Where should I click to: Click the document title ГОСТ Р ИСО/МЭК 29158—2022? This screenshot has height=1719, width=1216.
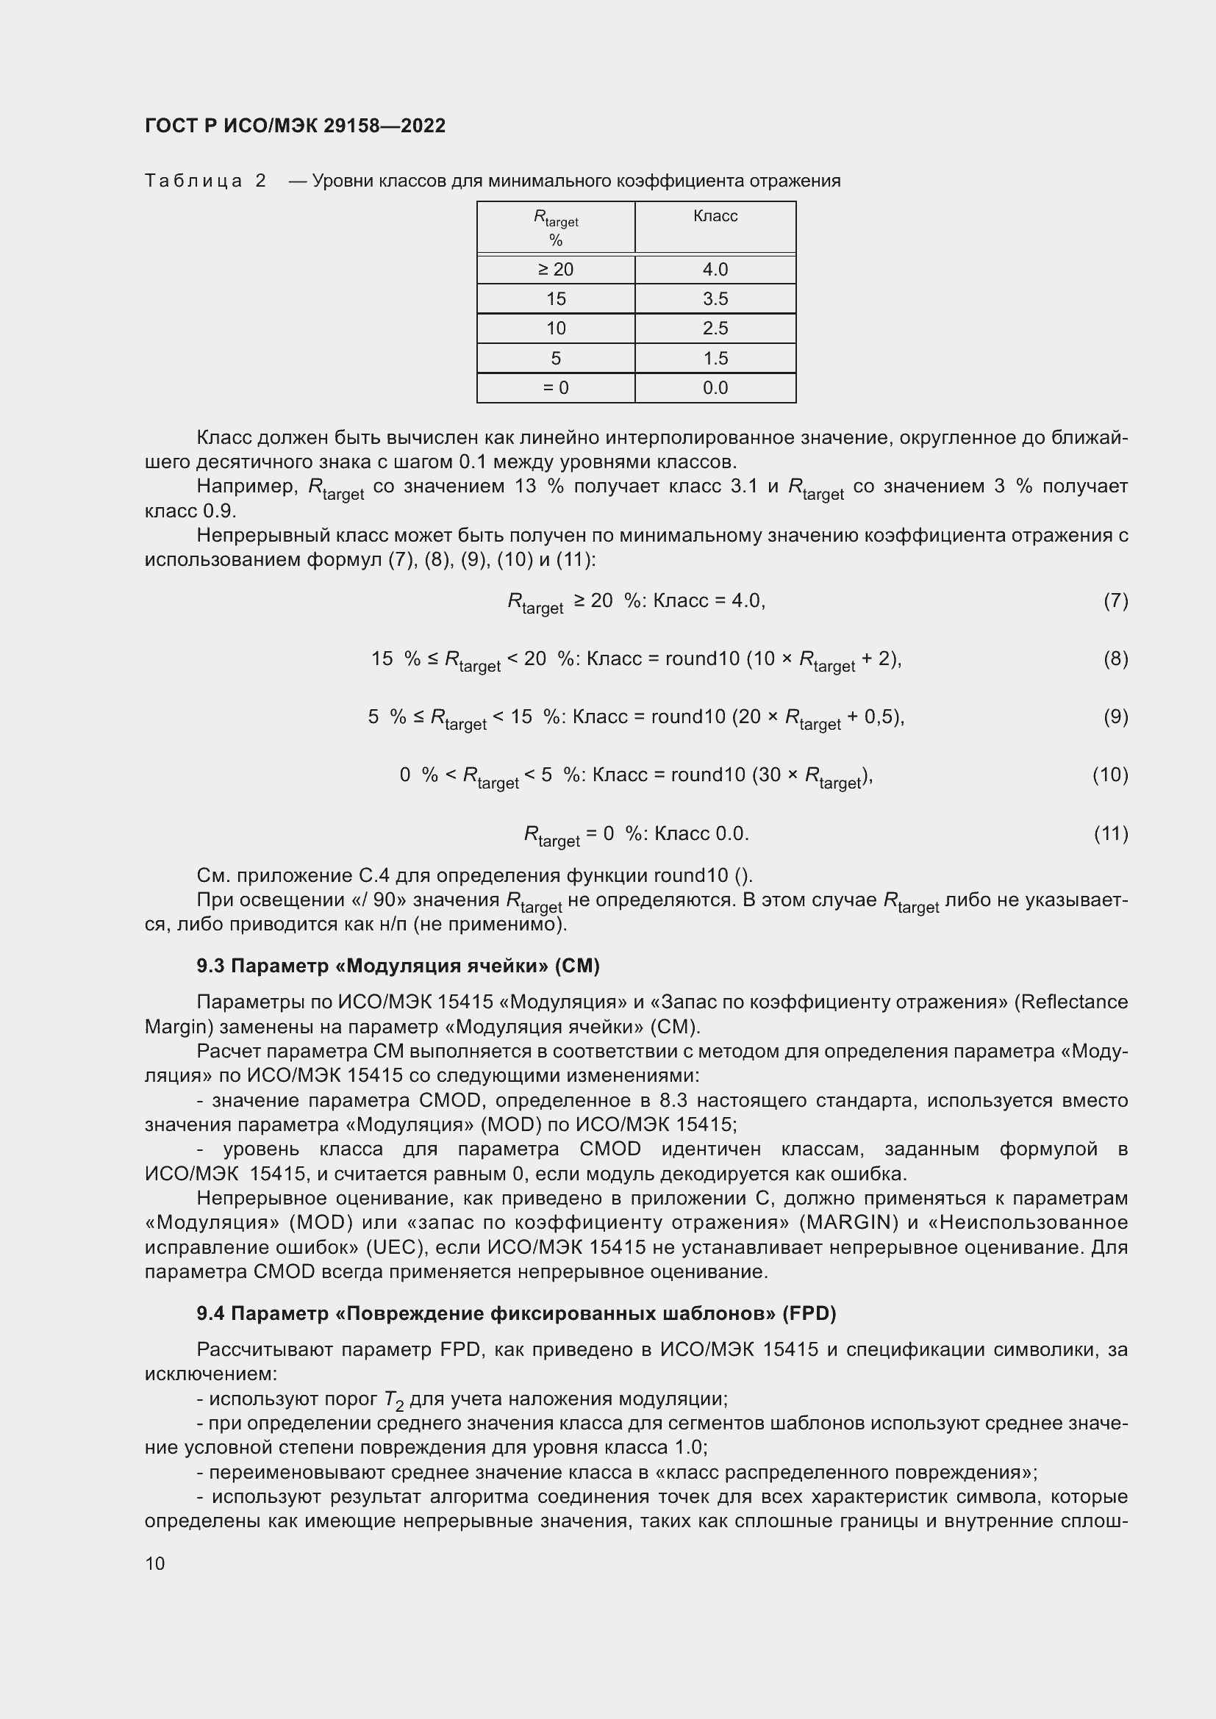tap(295, 126)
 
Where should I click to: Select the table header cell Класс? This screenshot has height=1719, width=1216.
tap(715, 216)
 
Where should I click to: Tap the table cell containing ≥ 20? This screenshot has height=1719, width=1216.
tap(556, 270)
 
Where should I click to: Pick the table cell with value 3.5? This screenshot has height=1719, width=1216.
tap(715, 298)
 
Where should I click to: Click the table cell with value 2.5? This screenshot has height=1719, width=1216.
tap(715, 328)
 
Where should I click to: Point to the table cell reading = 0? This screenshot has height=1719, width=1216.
tap(556, 388)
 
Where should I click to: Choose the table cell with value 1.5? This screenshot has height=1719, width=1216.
tap(715, 358)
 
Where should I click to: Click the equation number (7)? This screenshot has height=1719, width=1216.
tap(1115, 600)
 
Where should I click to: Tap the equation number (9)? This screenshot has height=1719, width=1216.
tap(1115, 717)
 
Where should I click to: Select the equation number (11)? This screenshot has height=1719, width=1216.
tap(1111, 833)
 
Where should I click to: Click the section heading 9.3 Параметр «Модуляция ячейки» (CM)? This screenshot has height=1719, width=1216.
tap(398, 966)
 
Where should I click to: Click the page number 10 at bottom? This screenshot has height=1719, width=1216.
tap(155, 1563)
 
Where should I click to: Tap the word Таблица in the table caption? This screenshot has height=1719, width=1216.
tap(193, 182)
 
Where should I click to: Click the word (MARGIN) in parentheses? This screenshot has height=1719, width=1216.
tap(849, 1223)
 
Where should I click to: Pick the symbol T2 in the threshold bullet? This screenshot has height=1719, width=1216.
tap(394, 1400)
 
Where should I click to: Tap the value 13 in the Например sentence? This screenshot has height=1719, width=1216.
tap(526, 487)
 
